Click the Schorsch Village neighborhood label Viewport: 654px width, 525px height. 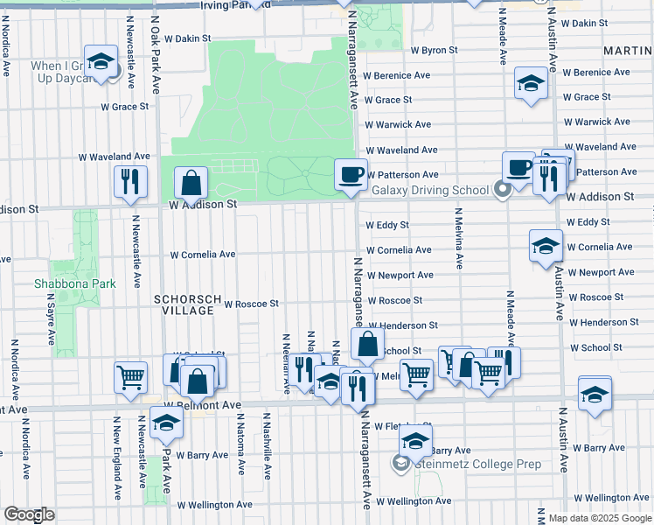[x=184, y=304]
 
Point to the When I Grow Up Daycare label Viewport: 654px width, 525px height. [x=61, y=72]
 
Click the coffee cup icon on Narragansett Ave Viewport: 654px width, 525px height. [x=351, y=174]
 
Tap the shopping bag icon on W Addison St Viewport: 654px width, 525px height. [x=191, y=184]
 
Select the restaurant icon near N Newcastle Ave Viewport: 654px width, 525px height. [x=131, y=181]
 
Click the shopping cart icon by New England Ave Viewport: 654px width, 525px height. [x=130, y=377]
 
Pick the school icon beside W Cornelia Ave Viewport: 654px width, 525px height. [x=546, y=245]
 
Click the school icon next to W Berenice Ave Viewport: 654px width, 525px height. [x=531, y=83]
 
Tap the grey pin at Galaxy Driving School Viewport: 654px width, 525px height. [x=502, y=189]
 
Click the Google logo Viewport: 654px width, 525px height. [x=29, y=514]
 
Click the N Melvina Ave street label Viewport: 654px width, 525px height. [x=457, y=237]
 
